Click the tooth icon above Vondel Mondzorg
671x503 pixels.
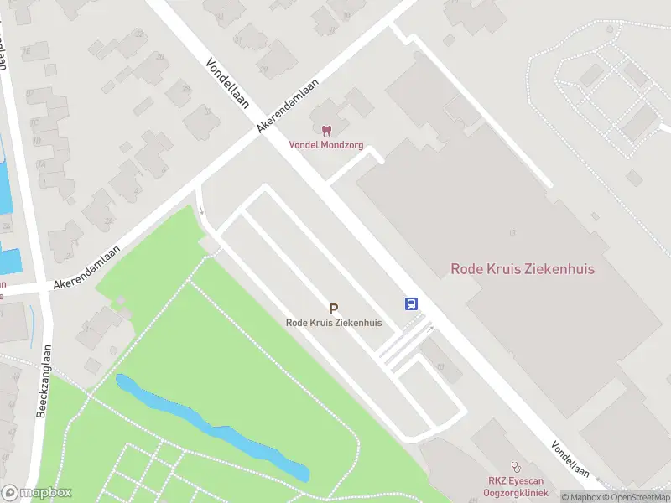(x=326, y=130)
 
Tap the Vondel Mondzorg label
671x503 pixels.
(x=325, y=144)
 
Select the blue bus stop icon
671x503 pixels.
(x=412, y=303)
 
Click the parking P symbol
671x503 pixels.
(x=334, y=309)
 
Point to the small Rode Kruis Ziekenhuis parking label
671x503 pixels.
(x=334, y=323)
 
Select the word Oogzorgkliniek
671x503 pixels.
(x=517, y=492)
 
